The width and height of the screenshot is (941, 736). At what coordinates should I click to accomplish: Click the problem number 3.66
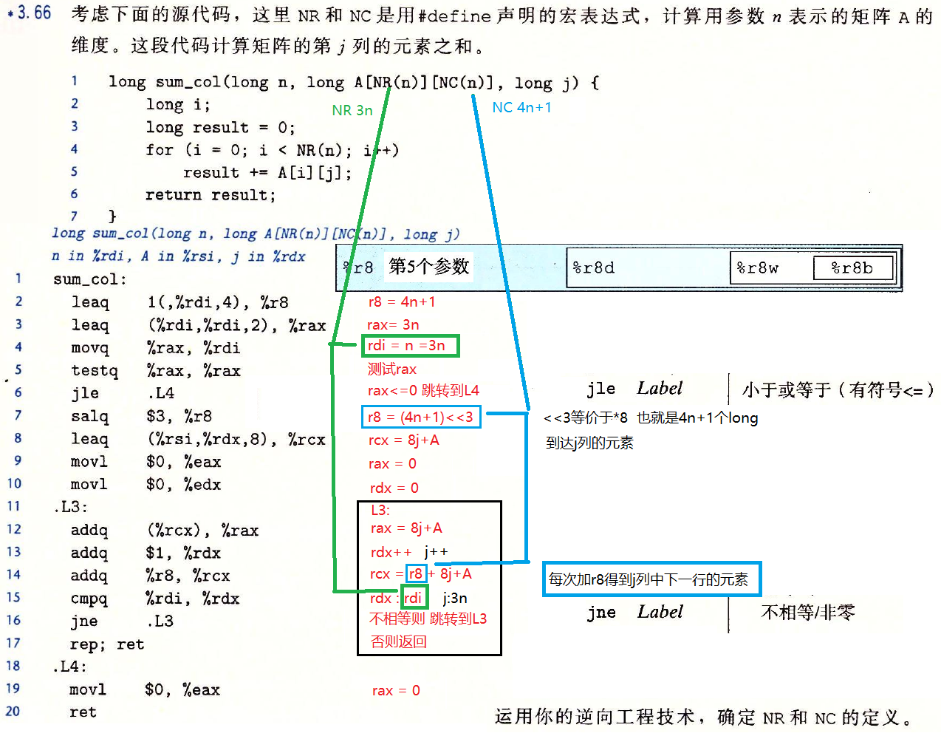34,13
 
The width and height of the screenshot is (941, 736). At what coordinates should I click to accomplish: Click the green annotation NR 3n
352,111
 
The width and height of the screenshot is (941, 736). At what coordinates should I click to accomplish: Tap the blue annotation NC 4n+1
521,108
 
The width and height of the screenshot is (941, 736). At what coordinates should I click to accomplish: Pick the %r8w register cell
758,268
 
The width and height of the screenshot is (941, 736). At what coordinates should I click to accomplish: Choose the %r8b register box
852,268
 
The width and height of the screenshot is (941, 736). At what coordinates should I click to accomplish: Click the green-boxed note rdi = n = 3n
410,345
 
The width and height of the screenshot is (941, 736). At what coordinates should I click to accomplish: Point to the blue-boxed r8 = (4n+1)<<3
421,417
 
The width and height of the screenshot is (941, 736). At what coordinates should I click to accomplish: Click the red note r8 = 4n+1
402,302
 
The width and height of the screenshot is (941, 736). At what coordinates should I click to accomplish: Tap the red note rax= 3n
393,324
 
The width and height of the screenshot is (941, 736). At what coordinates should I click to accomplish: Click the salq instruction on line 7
89,416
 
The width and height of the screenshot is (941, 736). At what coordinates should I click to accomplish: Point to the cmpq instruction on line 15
89,598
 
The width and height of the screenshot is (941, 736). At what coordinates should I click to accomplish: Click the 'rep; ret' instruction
107,644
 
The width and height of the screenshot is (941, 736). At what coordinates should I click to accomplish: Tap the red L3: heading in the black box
380,510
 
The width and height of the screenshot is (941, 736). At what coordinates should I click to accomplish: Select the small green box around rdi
414,598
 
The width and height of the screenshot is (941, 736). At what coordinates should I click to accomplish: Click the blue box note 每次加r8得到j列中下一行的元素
650,579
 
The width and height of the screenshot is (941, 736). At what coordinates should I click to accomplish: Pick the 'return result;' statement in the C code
210,195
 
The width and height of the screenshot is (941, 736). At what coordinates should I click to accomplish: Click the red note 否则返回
399,641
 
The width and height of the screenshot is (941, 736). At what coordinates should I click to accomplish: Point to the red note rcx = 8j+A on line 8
403,440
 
